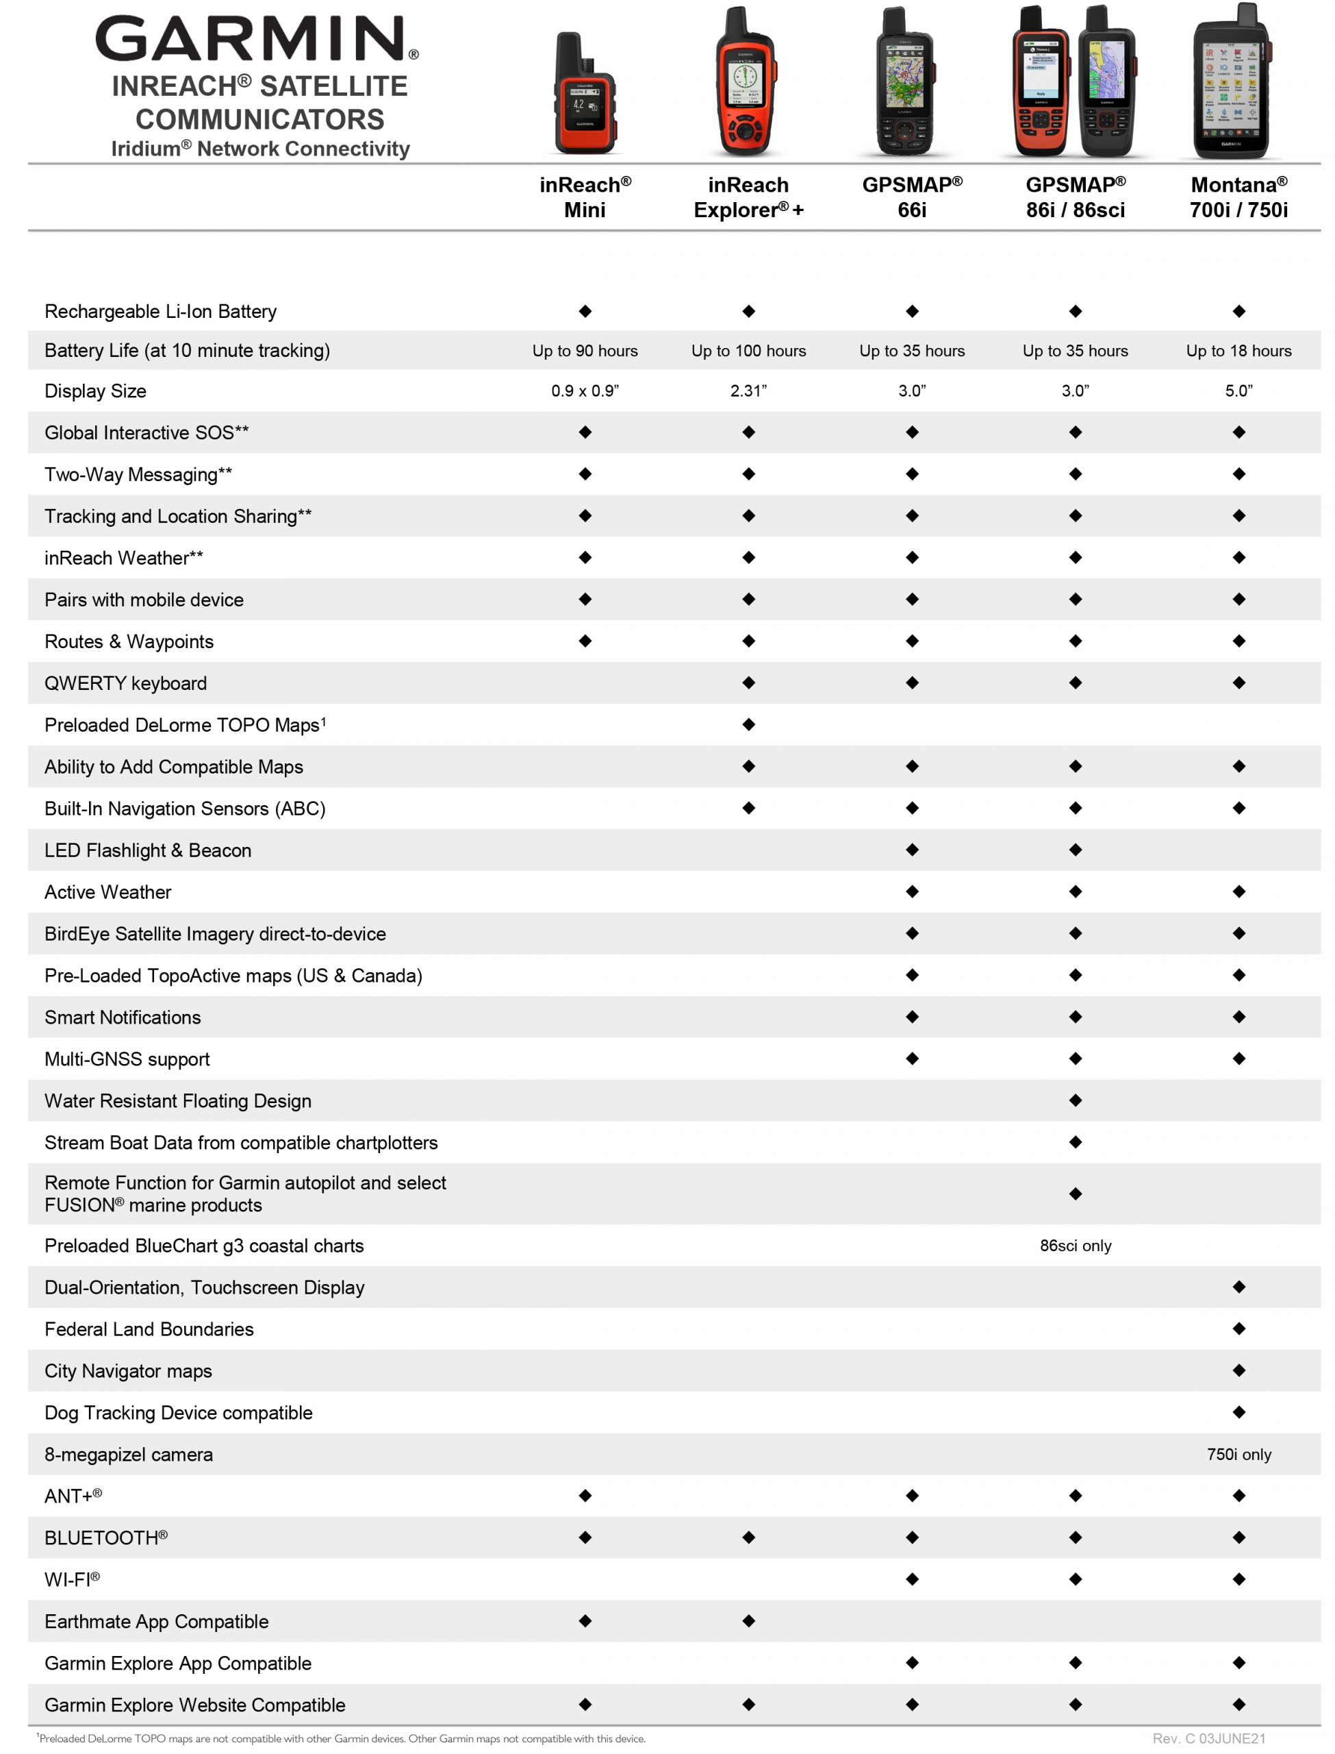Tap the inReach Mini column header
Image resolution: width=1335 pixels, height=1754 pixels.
tap(585, 197)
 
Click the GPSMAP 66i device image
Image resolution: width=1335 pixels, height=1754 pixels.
tap(905, 84)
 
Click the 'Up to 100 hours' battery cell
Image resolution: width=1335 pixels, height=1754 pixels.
tap(748, 351)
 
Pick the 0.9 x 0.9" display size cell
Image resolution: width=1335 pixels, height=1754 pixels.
tap(585, 391)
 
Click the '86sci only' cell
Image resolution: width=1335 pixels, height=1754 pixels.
tap(1075, 1246)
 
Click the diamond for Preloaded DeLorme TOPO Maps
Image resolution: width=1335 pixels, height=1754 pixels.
tap(748, 724)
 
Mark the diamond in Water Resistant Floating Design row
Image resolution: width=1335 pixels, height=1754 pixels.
tap(1075, 1100)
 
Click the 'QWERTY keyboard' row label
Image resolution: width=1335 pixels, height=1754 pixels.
tap(125, 683)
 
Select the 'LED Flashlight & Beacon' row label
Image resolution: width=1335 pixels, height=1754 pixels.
tap(148, 850)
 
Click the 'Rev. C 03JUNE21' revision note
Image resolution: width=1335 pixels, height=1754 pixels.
tap(1208, 1738)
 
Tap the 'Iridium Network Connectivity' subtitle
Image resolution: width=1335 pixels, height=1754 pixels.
tap(260, 149)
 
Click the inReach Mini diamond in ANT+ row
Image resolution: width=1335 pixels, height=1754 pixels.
tap(585, 1496)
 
